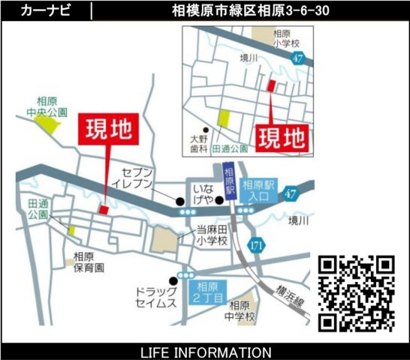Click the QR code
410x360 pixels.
point(357,292)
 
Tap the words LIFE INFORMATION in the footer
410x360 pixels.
point(205,352)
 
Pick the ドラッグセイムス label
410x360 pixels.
point(156,297)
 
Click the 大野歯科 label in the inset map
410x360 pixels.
point(198,143)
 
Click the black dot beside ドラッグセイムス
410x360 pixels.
point(174,281)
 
